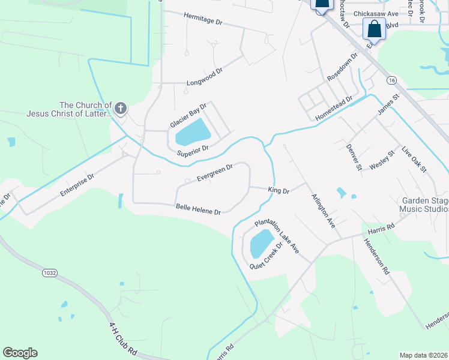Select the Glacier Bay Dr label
pyautogui.click(x=188, y=115)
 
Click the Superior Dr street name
pyautogui.click(x=193, y=151)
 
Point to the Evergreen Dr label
pyautogui.click(x=214, y=171)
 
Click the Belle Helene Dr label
pyautogui.click(x=199, y=209)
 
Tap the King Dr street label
pyautogui.click(x=279, y=191)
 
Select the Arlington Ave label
pyautogui.click(x=322, y=209)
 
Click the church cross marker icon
pyautogui.click(x=120, y=108)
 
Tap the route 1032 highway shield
pyautogui.click(x=50, y=272)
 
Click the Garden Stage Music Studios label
pyautogui.click(x=424, y=205)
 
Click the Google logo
pyautogui.click(x=20, y=353)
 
